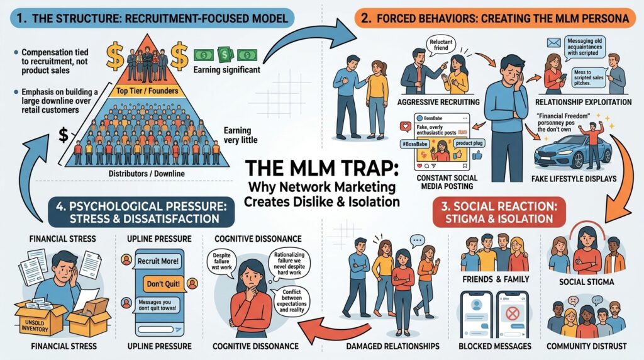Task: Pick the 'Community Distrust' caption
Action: point(587,345)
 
